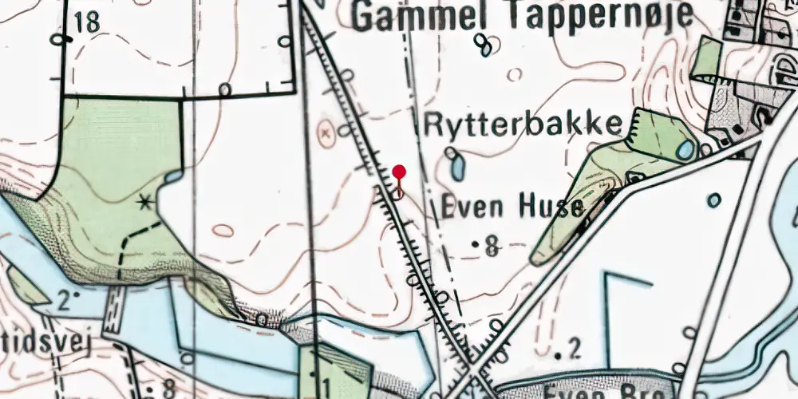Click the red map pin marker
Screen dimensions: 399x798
pyautogui.click(x=400, y=172)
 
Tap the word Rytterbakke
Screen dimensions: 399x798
pyautogui.click(x=523, y=124)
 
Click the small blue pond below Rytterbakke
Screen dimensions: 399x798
pyautogui.click(x=458, y=168)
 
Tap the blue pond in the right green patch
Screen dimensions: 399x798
pyautogui.click(x=685, y=149)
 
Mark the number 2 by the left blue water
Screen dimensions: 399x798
pyautogui.click(x=65, y=300)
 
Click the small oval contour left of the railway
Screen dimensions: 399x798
pyautogui.click(x=223, y=231)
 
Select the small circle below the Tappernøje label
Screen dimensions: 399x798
pyautogui.click(x=515, y=74)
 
